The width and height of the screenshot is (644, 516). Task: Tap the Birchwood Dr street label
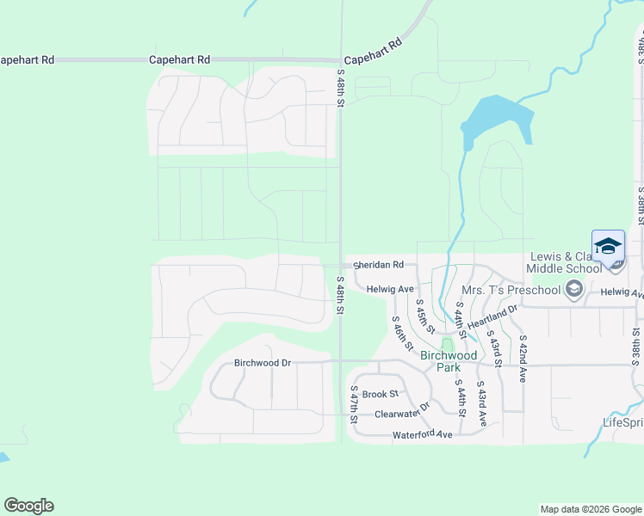click(x=263, y=363)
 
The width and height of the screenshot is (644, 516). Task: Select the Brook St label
click(x=381, y=394)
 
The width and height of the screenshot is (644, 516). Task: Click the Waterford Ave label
click(x=423, y=435)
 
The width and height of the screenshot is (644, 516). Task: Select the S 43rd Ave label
click(x=482, y=404)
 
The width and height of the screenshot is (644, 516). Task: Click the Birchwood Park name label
click(x=449, y=361)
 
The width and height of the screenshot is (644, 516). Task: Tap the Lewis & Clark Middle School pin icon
click(x=608, y=246)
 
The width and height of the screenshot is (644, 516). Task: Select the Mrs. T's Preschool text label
click(x=511, y=290)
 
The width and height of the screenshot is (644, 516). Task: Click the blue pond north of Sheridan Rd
click(x=496, y=121)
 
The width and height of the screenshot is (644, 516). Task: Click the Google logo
click(x=28, y=506)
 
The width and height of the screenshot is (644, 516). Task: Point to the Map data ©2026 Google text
click(x=590, y=509)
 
